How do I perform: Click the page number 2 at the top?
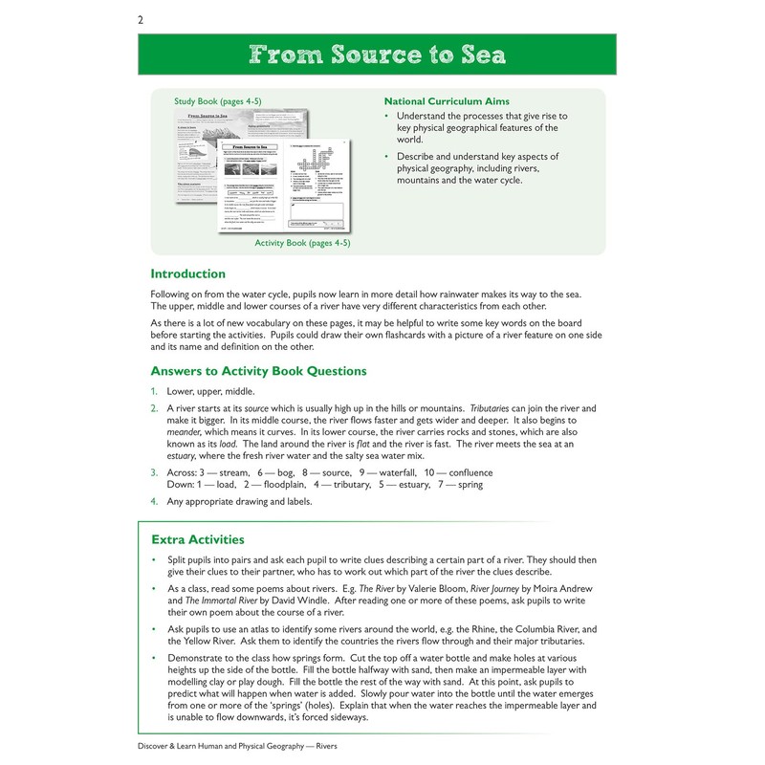(141, 19)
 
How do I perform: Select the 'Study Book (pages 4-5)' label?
(217, 100)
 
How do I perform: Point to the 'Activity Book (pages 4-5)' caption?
(302, 243)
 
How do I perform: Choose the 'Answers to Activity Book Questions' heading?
(258, 371)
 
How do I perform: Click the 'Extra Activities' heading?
(197, 539)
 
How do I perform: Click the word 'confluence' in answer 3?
(464, 472)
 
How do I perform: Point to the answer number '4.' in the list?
(154, 501)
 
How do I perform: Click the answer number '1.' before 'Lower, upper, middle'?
(154, 391)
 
